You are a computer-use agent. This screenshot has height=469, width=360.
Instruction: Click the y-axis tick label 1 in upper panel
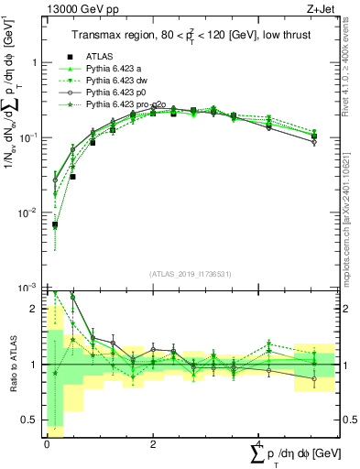click(35, 63)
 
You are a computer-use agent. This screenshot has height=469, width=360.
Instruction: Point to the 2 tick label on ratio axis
click(35, 309)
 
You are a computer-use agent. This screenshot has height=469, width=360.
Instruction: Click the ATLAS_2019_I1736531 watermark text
click(190, 274)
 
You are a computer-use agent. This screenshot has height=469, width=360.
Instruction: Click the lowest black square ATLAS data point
click(55, 224)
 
